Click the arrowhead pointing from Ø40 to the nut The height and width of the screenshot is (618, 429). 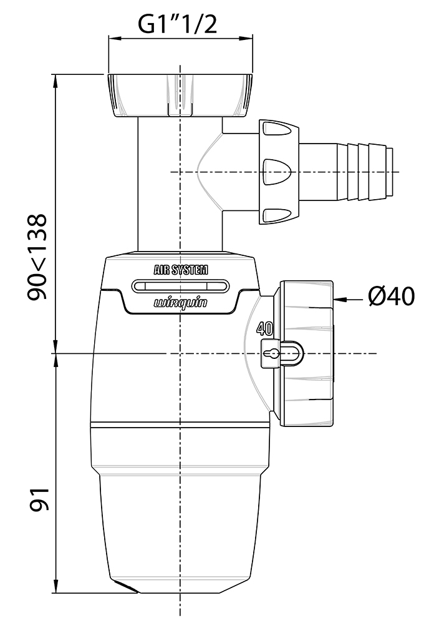point(340,300)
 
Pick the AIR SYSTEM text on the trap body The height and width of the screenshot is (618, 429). point(181,270)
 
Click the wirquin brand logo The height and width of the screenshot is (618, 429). point(180,303)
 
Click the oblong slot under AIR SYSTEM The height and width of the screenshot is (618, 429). point(180,287)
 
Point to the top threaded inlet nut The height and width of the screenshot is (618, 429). point(181,95)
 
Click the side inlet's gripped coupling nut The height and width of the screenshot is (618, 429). point(278,172)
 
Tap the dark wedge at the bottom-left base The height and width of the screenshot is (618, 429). point(127,588)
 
